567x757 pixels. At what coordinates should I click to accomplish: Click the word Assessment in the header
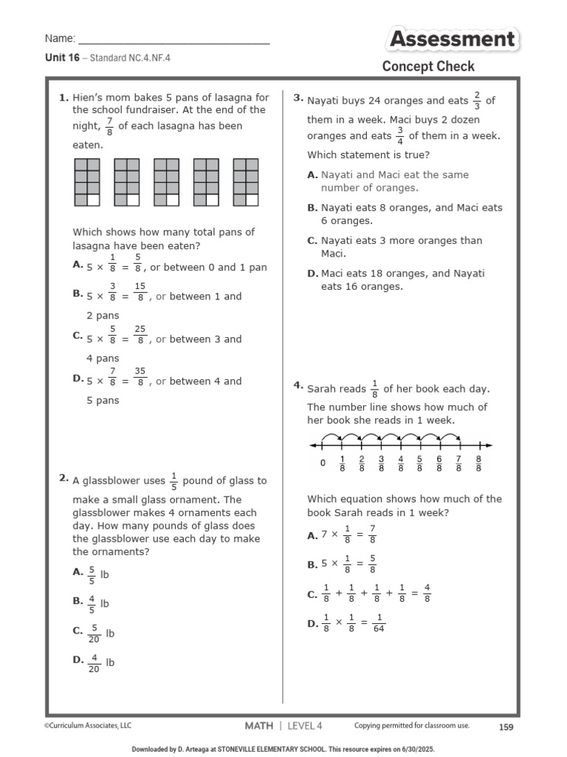click(452, 39)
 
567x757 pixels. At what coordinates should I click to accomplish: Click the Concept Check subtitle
click(428, 67)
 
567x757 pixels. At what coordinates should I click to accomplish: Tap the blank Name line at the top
click(173, 38)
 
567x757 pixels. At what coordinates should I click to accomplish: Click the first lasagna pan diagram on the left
click(87, 182)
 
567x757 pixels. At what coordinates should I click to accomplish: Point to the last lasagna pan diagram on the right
click(246, 182)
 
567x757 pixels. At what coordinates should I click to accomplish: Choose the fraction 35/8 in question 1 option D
click(140, 381)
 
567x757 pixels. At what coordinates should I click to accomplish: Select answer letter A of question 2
click(78, 571)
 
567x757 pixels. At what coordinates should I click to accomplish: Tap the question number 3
click(298, 98)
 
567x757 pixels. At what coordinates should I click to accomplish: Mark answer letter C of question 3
click(312, 240)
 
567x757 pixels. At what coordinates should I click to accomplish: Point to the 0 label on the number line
click(323, 464)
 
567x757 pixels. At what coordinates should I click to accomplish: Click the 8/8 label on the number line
click(478, 464)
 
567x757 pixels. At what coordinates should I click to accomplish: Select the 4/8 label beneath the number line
click(400, 464)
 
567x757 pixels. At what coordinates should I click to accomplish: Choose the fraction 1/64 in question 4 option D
click(379, 623)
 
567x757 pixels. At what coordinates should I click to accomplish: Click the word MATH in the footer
click(258, 726)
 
